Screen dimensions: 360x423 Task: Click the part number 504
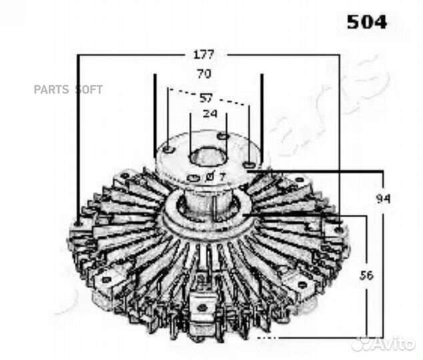coord(366,22)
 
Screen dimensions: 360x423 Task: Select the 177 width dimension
coord(203,54)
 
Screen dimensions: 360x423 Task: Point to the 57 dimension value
coord(207,98)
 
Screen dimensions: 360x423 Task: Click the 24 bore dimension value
coord(209,113)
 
